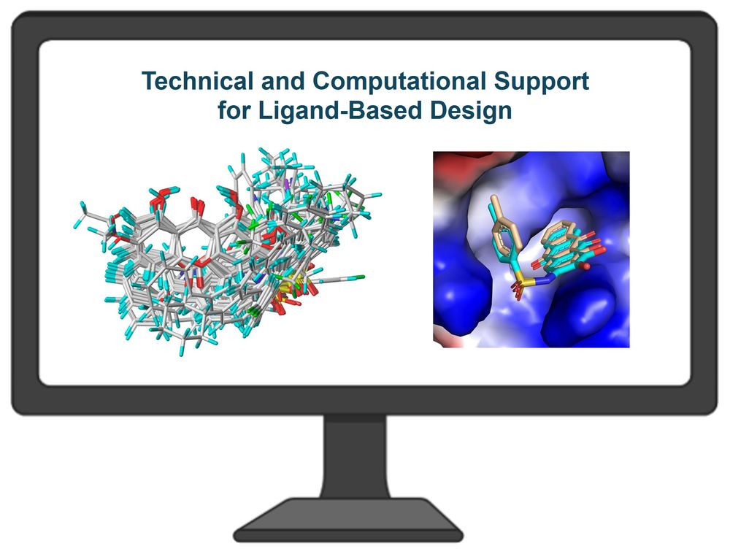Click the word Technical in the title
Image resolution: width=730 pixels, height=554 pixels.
point(199,80)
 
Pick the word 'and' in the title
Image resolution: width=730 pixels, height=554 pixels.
point(284,80)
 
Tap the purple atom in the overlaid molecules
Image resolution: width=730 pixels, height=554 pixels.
point(291,182)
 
